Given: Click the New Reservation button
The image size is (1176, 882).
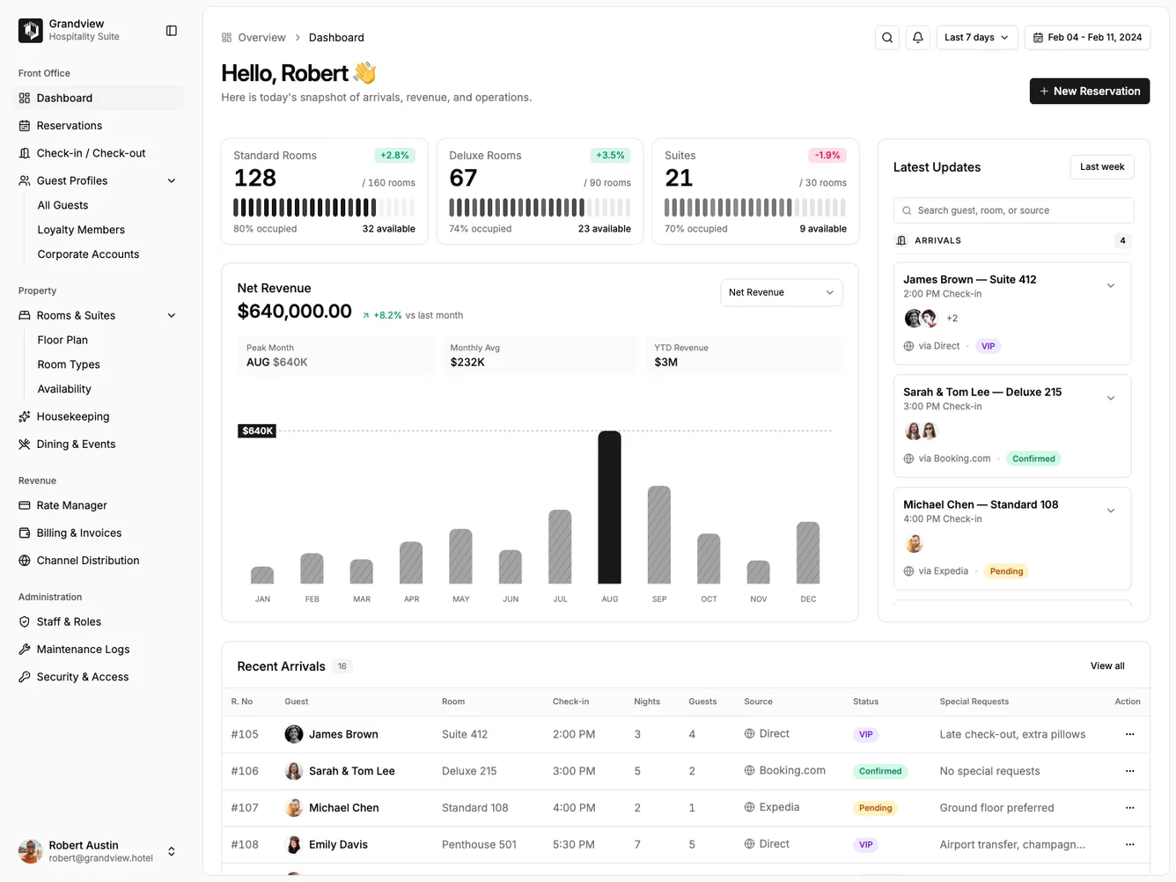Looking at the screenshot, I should click(1089, 91).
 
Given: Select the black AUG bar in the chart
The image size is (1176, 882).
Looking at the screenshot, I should click(609, 507).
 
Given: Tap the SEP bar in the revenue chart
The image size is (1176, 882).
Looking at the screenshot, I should click(659, 534).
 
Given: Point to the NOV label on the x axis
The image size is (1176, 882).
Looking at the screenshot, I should click(758, 599).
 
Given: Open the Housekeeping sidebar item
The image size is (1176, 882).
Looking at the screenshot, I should click(73, 416).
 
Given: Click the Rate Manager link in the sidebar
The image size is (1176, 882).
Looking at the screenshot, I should click(71, 505).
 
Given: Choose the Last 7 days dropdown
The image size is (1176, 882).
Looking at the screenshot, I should click(976, 37).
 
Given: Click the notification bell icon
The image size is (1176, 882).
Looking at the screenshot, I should click(917, 37).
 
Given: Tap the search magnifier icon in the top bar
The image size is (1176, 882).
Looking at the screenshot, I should click(887, 37).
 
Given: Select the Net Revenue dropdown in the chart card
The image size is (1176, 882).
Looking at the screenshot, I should click(781, 292).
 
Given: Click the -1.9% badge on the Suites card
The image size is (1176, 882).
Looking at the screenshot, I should click(827, 155).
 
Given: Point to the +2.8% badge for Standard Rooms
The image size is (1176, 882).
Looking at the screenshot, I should click(394, 155).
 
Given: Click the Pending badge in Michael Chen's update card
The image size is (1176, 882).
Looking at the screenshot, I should click(1006, 571).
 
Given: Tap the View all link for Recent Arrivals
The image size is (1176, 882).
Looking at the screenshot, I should click(1106, 665).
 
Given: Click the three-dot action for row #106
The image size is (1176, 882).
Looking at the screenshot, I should click(1129, 771).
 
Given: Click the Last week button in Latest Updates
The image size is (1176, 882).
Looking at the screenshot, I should click(1101, 166).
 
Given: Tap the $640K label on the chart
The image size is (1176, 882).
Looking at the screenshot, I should click(257, 430).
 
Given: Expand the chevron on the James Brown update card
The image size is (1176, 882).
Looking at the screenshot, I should click(1110, 285).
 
